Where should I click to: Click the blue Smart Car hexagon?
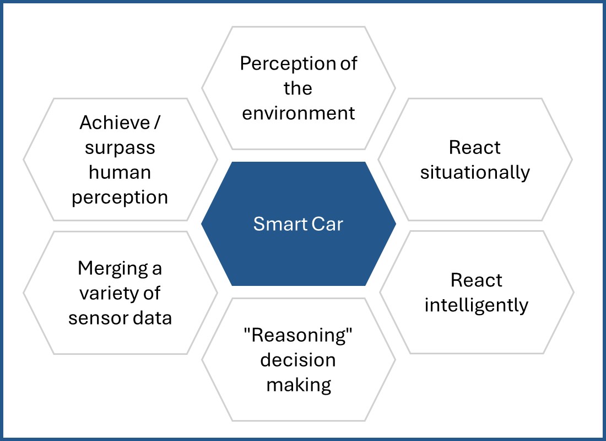(299, 224)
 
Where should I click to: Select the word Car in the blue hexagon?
(327, 224)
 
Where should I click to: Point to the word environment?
(299, 113)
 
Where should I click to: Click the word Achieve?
(115, 123)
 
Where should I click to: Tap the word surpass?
(120, 148)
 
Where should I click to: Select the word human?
(120, 172)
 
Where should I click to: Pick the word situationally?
(475, 173)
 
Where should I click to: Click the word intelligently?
(476, 305)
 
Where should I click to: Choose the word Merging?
(110, 269)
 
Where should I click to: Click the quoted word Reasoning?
(298, 335)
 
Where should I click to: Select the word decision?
(298, 360)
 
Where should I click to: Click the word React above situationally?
(474, 147)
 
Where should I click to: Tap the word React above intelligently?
(476, 280)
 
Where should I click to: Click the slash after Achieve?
(156, 123)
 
